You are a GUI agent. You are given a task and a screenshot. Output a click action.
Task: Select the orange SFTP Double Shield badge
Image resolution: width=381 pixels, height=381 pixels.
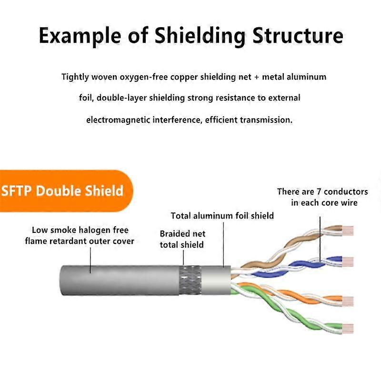64,190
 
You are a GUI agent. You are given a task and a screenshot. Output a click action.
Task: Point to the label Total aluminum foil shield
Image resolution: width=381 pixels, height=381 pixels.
222,216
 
